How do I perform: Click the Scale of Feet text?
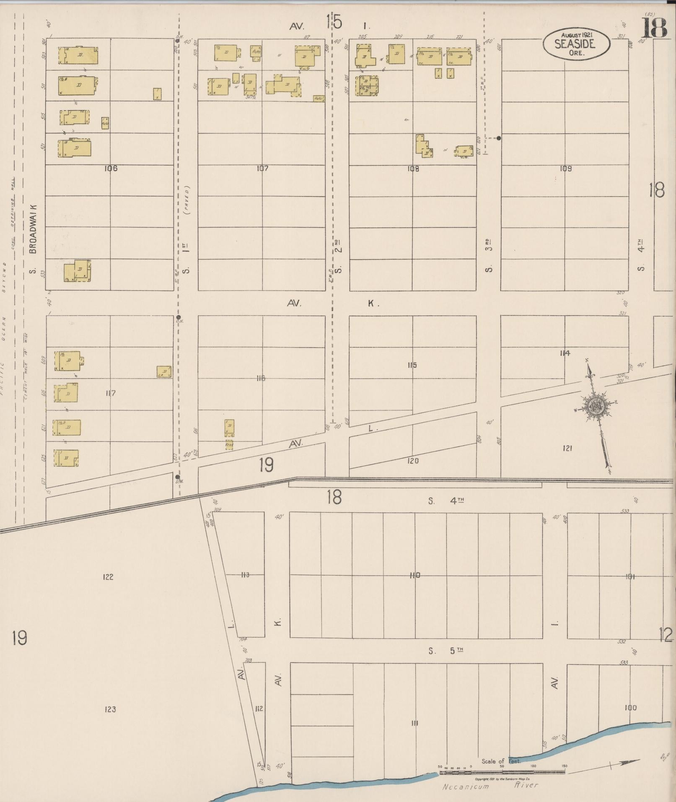501,761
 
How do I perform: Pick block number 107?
262,169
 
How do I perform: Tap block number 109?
565,169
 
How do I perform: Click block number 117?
111,393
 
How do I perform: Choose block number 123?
110,709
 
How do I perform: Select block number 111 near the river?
414,723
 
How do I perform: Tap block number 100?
630,708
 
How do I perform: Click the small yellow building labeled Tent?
229,445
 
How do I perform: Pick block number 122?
108,577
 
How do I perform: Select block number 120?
413,461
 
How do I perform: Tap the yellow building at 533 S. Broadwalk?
77,271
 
